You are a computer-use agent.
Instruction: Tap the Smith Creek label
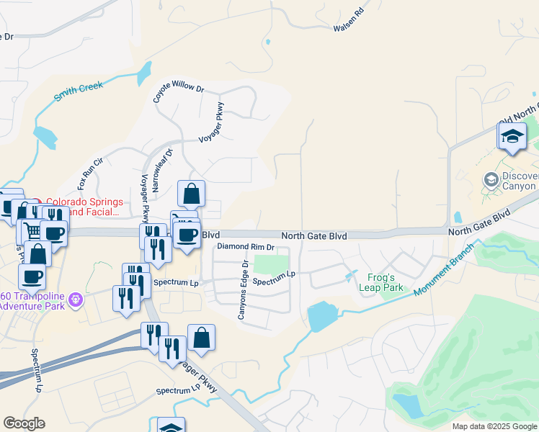(x=79, y=92)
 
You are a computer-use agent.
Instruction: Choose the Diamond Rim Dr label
(x=246, y=247)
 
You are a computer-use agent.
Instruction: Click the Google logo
(x=24, y=423)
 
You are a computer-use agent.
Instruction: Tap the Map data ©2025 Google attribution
(x=494, y=426)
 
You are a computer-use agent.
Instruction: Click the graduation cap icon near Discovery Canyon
(x=512, y=137)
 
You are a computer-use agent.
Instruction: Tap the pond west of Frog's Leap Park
(x=320, y=316)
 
